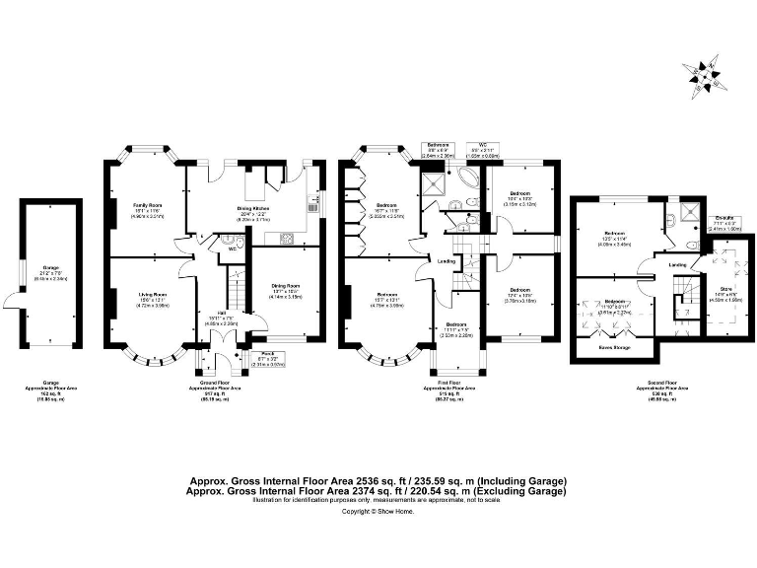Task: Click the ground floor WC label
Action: [233, 249]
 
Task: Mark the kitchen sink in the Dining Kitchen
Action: [312, 205]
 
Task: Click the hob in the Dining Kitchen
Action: [288, 237]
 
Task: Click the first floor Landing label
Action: [446, 261]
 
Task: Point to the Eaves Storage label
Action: [615, 347]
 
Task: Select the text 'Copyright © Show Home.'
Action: [378, 511]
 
